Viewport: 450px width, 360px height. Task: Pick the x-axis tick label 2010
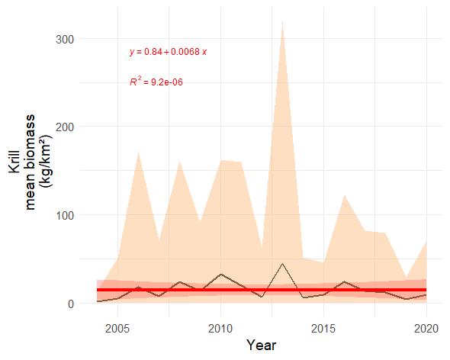[221, 328]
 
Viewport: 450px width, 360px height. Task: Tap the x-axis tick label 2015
[324, 328]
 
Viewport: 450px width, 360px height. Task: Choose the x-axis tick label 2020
[427, 328]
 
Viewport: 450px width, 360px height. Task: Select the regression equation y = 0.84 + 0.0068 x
[169, 52]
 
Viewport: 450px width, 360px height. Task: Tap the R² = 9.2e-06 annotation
[156, 81]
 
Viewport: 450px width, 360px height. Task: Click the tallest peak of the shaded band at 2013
[283, 21]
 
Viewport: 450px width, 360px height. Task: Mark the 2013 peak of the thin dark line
[283, 264]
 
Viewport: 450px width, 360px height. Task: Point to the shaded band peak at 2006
[139, 152]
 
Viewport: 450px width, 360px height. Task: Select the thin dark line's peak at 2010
[221, 274]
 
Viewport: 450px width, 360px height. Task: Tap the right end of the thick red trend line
[426, 291]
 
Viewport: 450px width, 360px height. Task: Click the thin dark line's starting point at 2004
[98, 301]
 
